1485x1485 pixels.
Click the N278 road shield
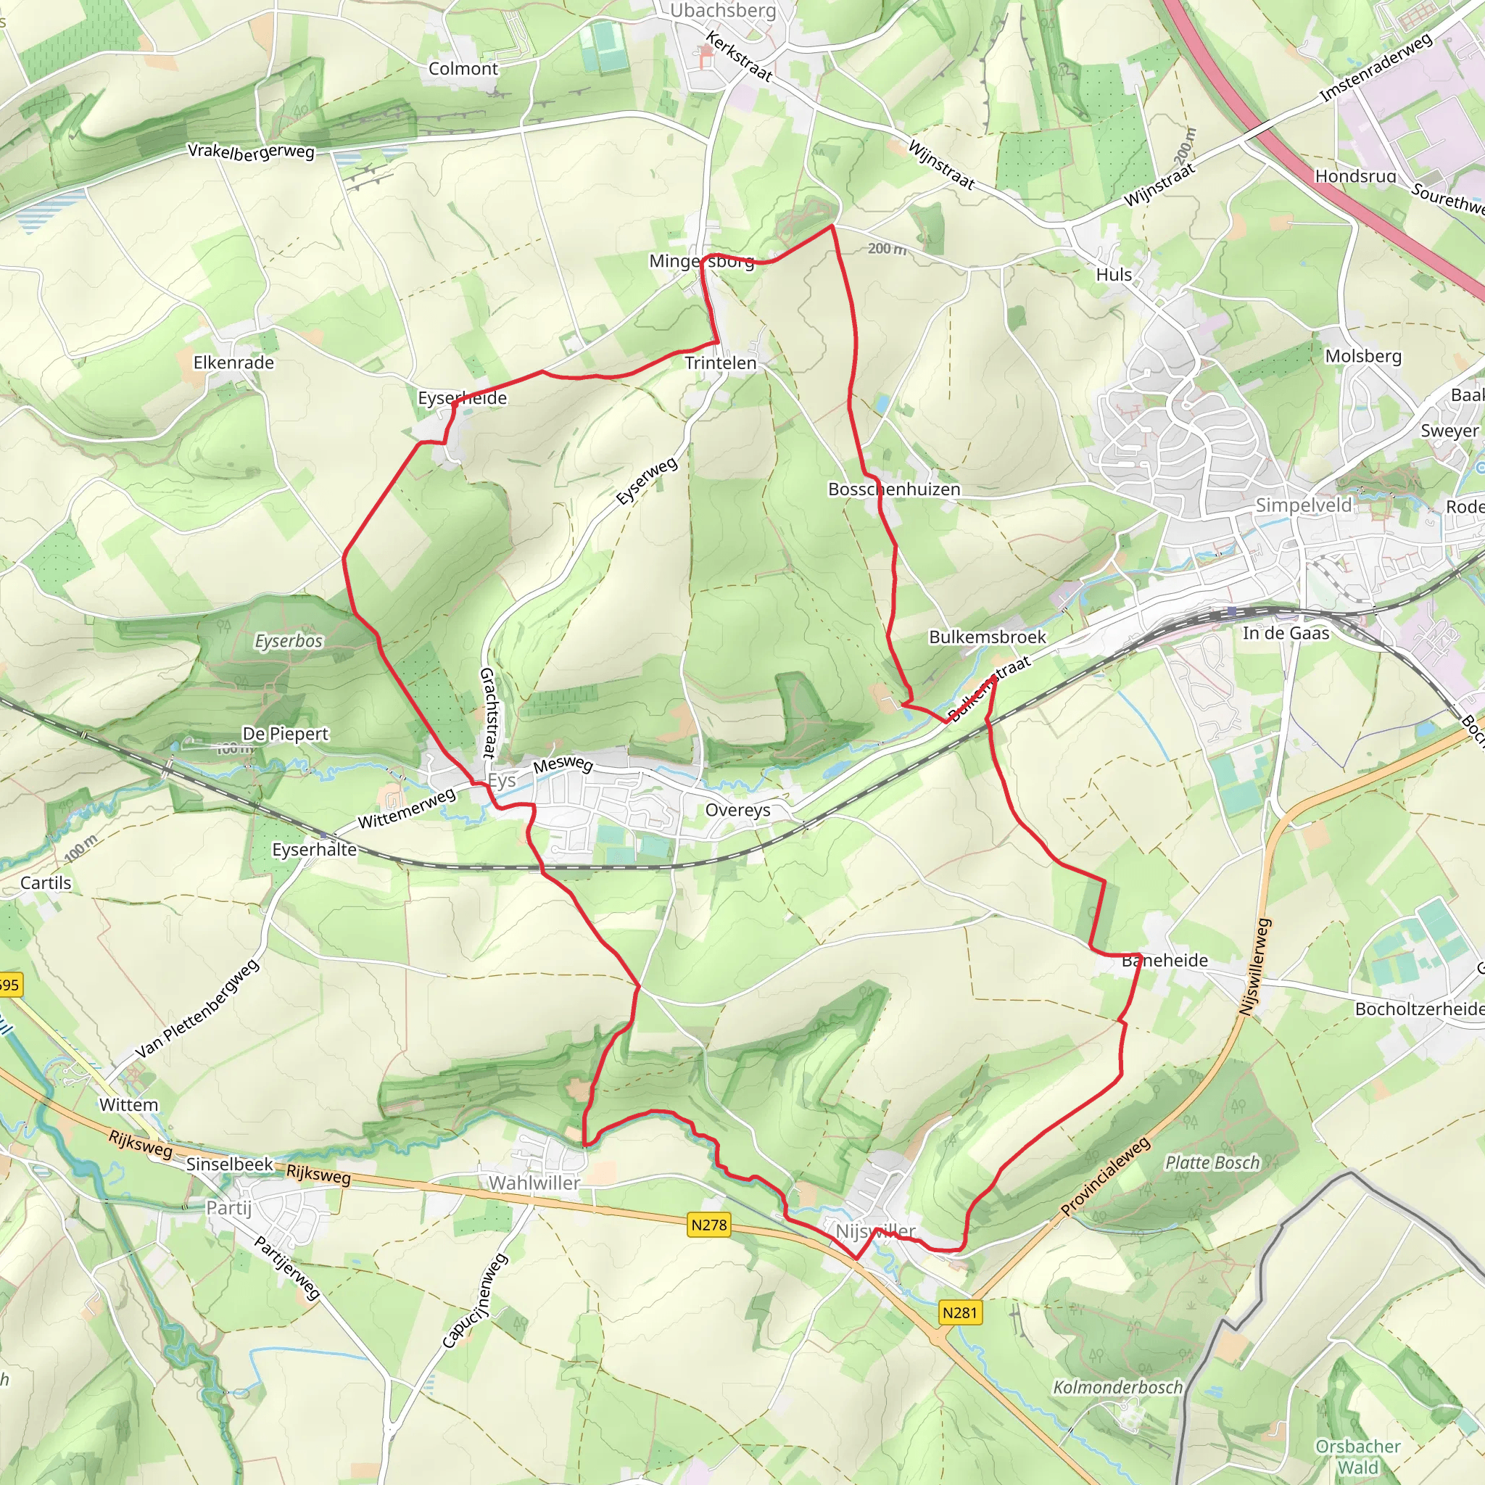point(708,1225)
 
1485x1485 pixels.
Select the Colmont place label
point(463,68)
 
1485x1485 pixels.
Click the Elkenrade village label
point(233,362)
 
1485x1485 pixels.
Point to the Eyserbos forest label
point(289,641)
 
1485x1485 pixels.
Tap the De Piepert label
point(285,733)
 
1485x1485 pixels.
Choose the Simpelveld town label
point(1304,505)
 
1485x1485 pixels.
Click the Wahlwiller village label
point(534,1183)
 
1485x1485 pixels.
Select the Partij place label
point(229,1207)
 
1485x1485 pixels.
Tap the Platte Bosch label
point(1213,1162)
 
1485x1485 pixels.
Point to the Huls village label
point(1114,274)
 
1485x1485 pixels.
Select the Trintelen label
point(720,363)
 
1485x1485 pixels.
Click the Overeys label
point(738,810)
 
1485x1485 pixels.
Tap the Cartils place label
point(46,883)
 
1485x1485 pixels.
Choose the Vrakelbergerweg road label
point(252,152)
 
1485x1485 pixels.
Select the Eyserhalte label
point(315,849)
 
